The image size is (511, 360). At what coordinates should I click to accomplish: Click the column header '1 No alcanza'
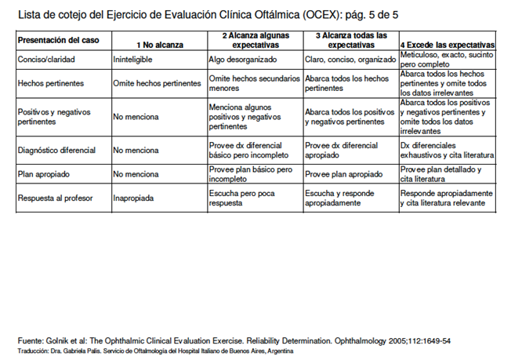click(159, 44)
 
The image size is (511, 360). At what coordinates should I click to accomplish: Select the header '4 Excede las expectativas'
click(447, 44)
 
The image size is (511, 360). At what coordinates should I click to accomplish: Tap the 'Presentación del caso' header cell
click(53, 39)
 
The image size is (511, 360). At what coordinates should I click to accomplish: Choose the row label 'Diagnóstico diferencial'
click(56, 149)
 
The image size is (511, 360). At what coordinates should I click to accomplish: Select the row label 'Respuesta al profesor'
click(55, 198)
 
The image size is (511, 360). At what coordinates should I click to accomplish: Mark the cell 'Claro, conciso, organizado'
click(350, 59)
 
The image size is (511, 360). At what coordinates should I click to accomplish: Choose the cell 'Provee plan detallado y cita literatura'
click(440, 174)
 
